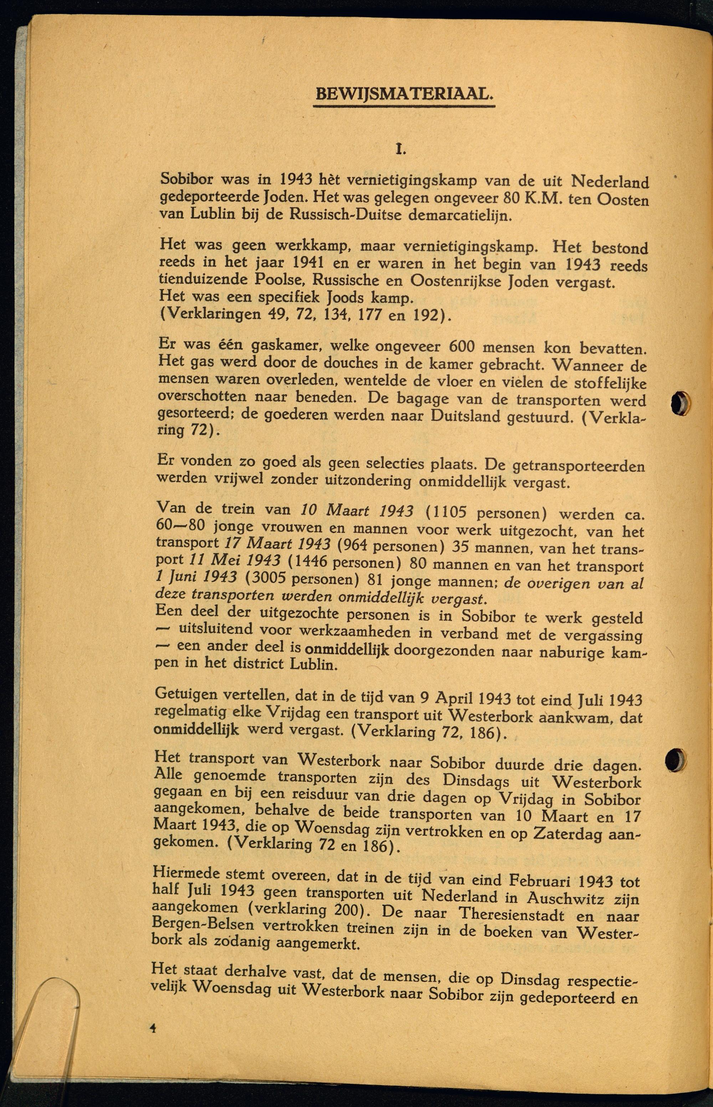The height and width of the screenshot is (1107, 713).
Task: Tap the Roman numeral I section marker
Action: pyautogui.click(x=400, y=149)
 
